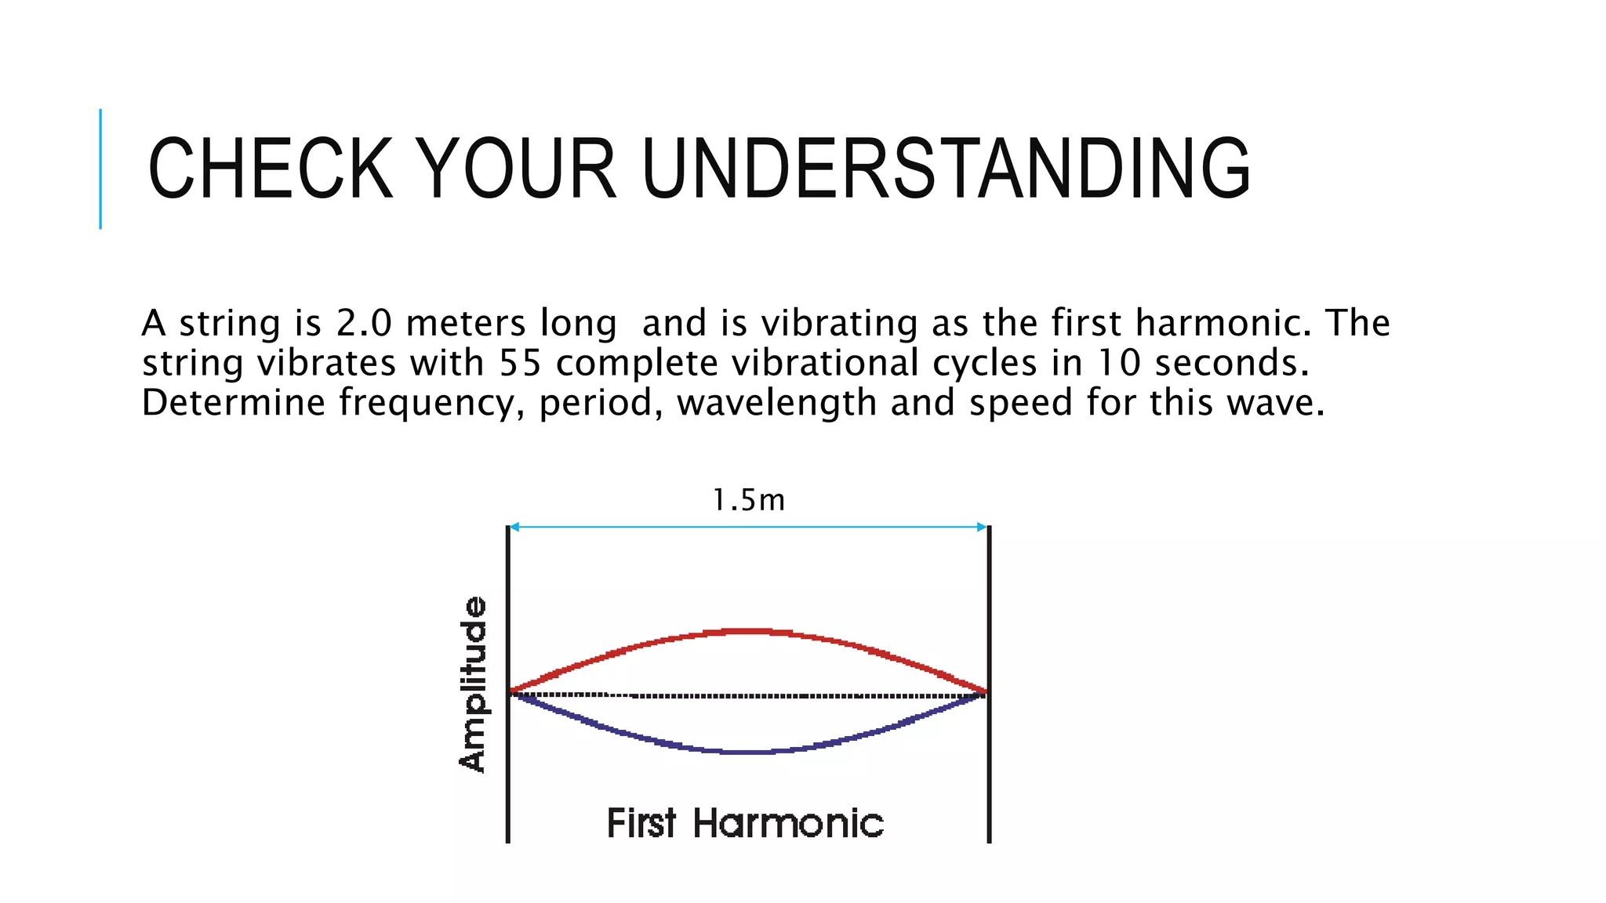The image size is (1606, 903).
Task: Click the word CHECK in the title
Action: [270, 169]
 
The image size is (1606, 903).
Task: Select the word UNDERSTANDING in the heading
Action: [946, 169]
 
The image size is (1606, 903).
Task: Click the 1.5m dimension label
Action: [748, 500]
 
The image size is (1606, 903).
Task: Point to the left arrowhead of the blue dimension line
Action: [514, 527]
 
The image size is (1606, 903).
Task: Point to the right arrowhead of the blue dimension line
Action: [982, 527]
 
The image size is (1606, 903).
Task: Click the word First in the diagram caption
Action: [641, 824]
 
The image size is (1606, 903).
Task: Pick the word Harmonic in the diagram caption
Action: [788, 824]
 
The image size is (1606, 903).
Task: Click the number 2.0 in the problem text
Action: [364, 323]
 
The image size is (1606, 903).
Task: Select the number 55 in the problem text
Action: [521, 363]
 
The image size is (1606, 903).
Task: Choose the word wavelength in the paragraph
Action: [776, 404]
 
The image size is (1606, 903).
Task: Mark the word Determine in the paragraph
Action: [233, 403]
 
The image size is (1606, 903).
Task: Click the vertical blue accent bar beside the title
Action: [100, 169]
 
